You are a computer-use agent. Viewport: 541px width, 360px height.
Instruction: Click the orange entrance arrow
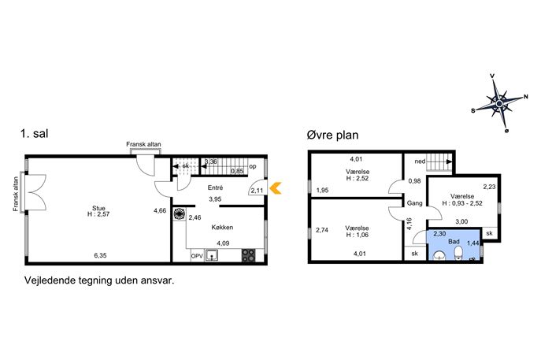click(276, 188)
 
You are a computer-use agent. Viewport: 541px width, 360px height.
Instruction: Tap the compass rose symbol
click(499, 103)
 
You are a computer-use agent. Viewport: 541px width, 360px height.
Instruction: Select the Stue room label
click(98, 209)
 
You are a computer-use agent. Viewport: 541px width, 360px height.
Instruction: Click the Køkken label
click(222, 228)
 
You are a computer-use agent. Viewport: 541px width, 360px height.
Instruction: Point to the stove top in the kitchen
click(248, 255)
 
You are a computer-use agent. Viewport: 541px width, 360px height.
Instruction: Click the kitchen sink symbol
click(211, 255)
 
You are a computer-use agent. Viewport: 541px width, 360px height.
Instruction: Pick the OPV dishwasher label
click(197, 257)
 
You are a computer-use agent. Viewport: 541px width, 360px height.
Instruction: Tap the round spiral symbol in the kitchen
click(179, 214)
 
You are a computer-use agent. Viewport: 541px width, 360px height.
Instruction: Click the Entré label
click(215, 187)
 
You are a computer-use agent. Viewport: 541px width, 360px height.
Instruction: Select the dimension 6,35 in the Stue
click(100, 256)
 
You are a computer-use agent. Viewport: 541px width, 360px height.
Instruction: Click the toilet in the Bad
click(458, 254)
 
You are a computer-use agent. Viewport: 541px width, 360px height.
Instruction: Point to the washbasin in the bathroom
click(439, 256)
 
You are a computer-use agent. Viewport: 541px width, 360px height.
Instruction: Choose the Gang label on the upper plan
click(414, 203)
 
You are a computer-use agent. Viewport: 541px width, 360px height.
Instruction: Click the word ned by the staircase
click(420, 161)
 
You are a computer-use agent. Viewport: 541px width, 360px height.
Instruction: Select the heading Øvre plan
click(332, 135)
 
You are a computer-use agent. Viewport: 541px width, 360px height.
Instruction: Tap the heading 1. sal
click(35, 134)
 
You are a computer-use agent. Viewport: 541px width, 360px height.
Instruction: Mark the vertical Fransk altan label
click(16, 194)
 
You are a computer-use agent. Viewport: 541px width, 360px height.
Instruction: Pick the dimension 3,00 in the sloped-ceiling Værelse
click(461, 221)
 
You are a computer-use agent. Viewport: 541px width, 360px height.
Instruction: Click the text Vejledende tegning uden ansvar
click(99, 280)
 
